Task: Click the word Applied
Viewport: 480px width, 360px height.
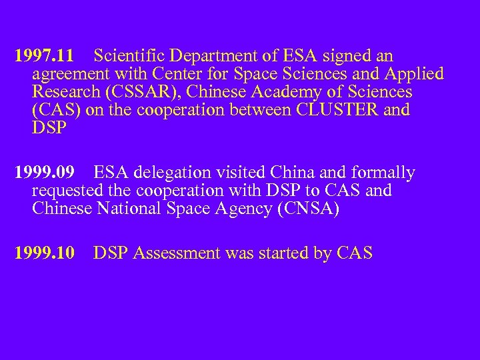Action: [x=413, y=74]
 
